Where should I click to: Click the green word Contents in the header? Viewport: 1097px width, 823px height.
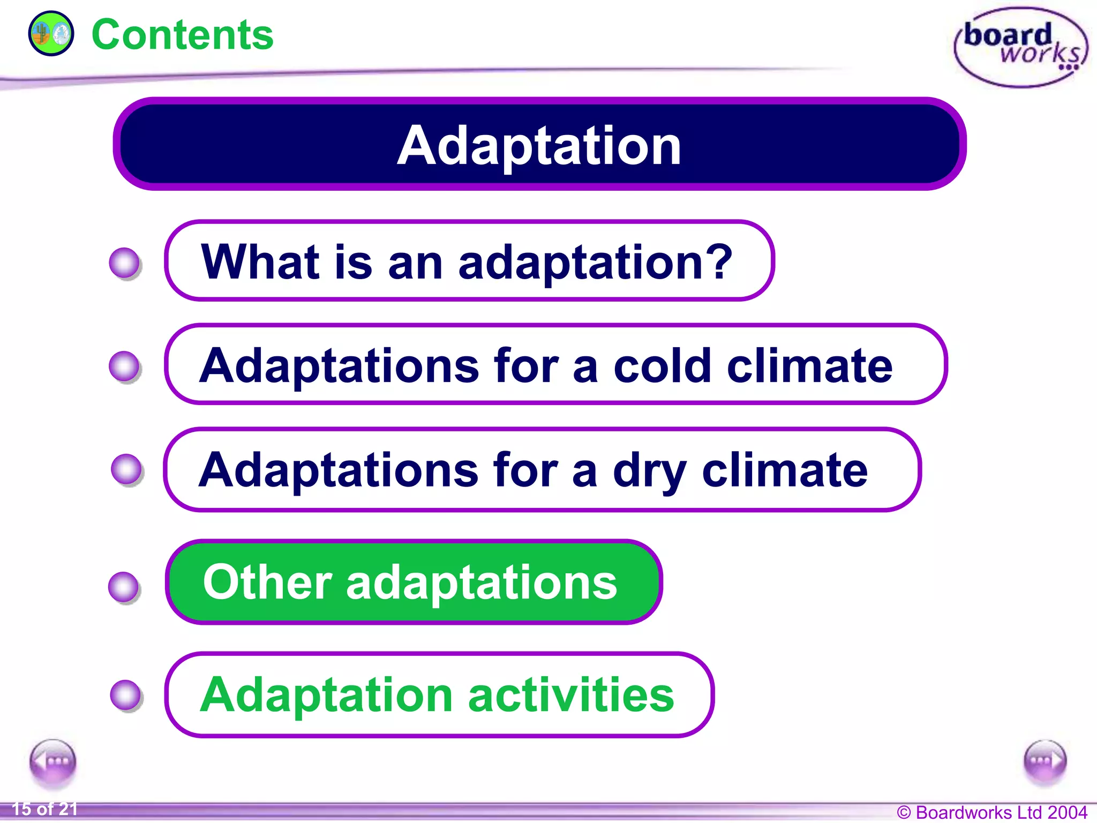click(x=182, y=35)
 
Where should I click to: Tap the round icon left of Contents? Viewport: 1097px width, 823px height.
click(x=51, y=34)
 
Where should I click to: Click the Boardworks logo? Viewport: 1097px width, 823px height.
click(x=1021, y=47)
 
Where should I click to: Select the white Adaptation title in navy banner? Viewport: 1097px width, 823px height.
click(x=539, y=145)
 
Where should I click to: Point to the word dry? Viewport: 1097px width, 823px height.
click(x=650, y=470)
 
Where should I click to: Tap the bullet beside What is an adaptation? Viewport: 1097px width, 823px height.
click(x=125, y=263)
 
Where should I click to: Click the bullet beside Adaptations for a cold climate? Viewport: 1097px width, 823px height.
click(x=125, y=366)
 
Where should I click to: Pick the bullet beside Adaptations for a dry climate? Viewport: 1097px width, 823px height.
click(x=126, y=469)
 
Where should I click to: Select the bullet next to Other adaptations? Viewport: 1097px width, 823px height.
click(x=124, y=587)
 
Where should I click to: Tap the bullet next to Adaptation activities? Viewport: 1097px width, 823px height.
click(x=126, y=695)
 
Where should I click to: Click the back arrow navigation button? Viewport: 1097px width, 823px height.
click(x=52, y=761)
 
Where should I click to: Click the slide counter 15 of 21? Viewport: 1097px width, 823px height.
click(x=45, y=809)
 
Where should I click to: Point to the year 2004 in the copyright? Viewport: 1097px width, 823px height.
click(x=1067, y=812)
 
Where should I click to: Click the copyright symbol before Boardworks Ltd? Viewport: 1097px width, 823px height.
click(x=904, y=813)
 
